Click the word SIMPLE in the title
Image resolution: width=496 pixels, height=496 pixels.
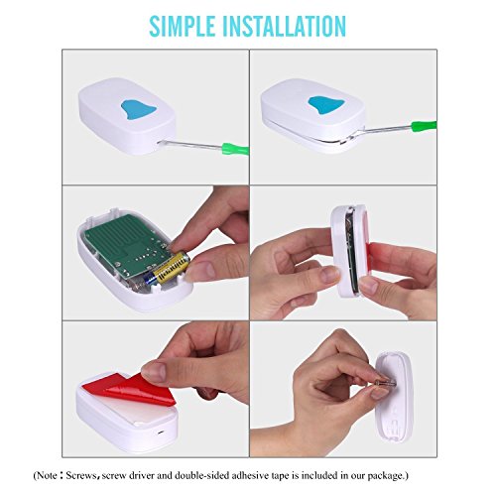[x=183, y=26]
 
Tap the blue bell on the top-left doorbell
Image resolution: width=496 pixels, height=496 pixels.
[x=137, y=110]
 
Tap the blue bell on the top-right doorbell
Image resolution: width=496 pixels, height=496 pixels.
[x=326, y=105]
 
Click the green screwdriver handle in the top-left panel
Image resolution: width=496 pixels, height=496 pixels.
[x=235, y=149]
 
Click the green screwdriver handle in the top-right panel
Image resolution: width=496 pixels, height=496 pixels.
[x=424, y=126]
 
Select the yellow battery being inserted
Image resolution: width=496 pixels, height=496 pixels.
[x=169, y=268]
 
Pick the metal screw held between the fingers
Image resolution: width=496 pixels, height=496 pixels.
[x=385, y=383]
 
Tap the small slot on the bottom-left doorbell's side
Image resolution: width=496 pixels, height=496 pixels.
[x=160, y=433]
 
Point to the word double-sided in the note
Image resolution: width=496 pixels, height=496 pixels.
[x=202, y=475]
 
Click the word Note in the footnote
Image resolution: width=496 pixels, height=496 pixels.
[x=48, y=475]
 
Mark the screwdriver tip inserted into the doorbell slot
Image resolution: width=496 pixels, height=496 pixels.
[x=161, y=143]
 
